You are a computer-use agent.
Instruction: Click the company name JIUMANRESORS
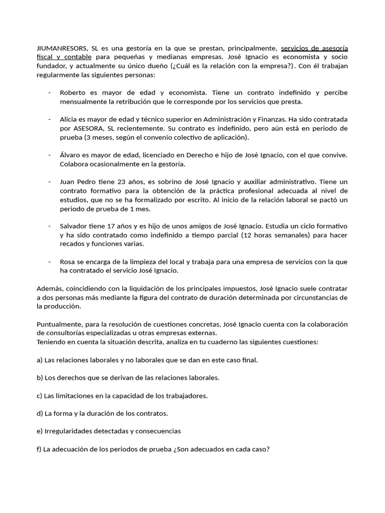(61, 49)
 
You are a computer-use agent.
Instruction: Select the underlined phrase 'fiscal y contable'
(64, 57)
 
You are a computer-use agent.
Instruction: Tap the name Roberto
(73, 93)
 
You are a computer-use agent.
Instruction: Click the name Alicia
(69, 119)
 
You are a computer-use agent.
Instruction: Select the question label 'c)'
(40, 395)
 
